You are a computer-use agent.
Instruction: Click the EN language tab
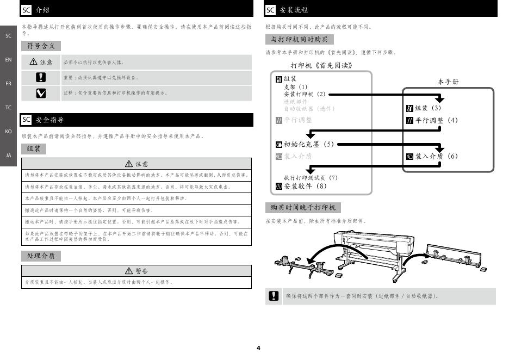click(x=8, y=59)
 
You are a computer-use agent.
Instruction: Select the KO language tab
click(x=8, y=132)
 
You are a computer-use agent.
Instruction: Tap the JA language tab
click(x=8, y=156)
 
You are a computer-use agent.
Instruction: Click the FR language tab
click(x=8, y=84)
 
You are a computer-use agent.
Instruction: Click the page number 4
click(x=258, y=348)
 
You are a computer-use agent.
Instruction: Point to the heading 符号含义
click(x=41, y=46)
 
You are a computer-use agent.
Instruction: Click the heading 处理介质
click(x=41, y=256)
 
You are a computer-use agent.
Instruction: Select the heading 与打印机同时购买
click(x=299, y=39)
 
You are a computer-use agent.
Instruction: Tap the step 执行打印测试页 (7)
click(x=311, y=178)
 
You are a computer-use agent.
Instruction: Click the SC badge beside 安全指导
click(x=26, y=120)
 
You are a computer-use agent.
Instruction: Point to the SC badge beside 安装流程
click(x=271, y=10)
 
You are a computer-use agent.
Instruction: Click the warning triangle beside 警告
click(x=129, y=271)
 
